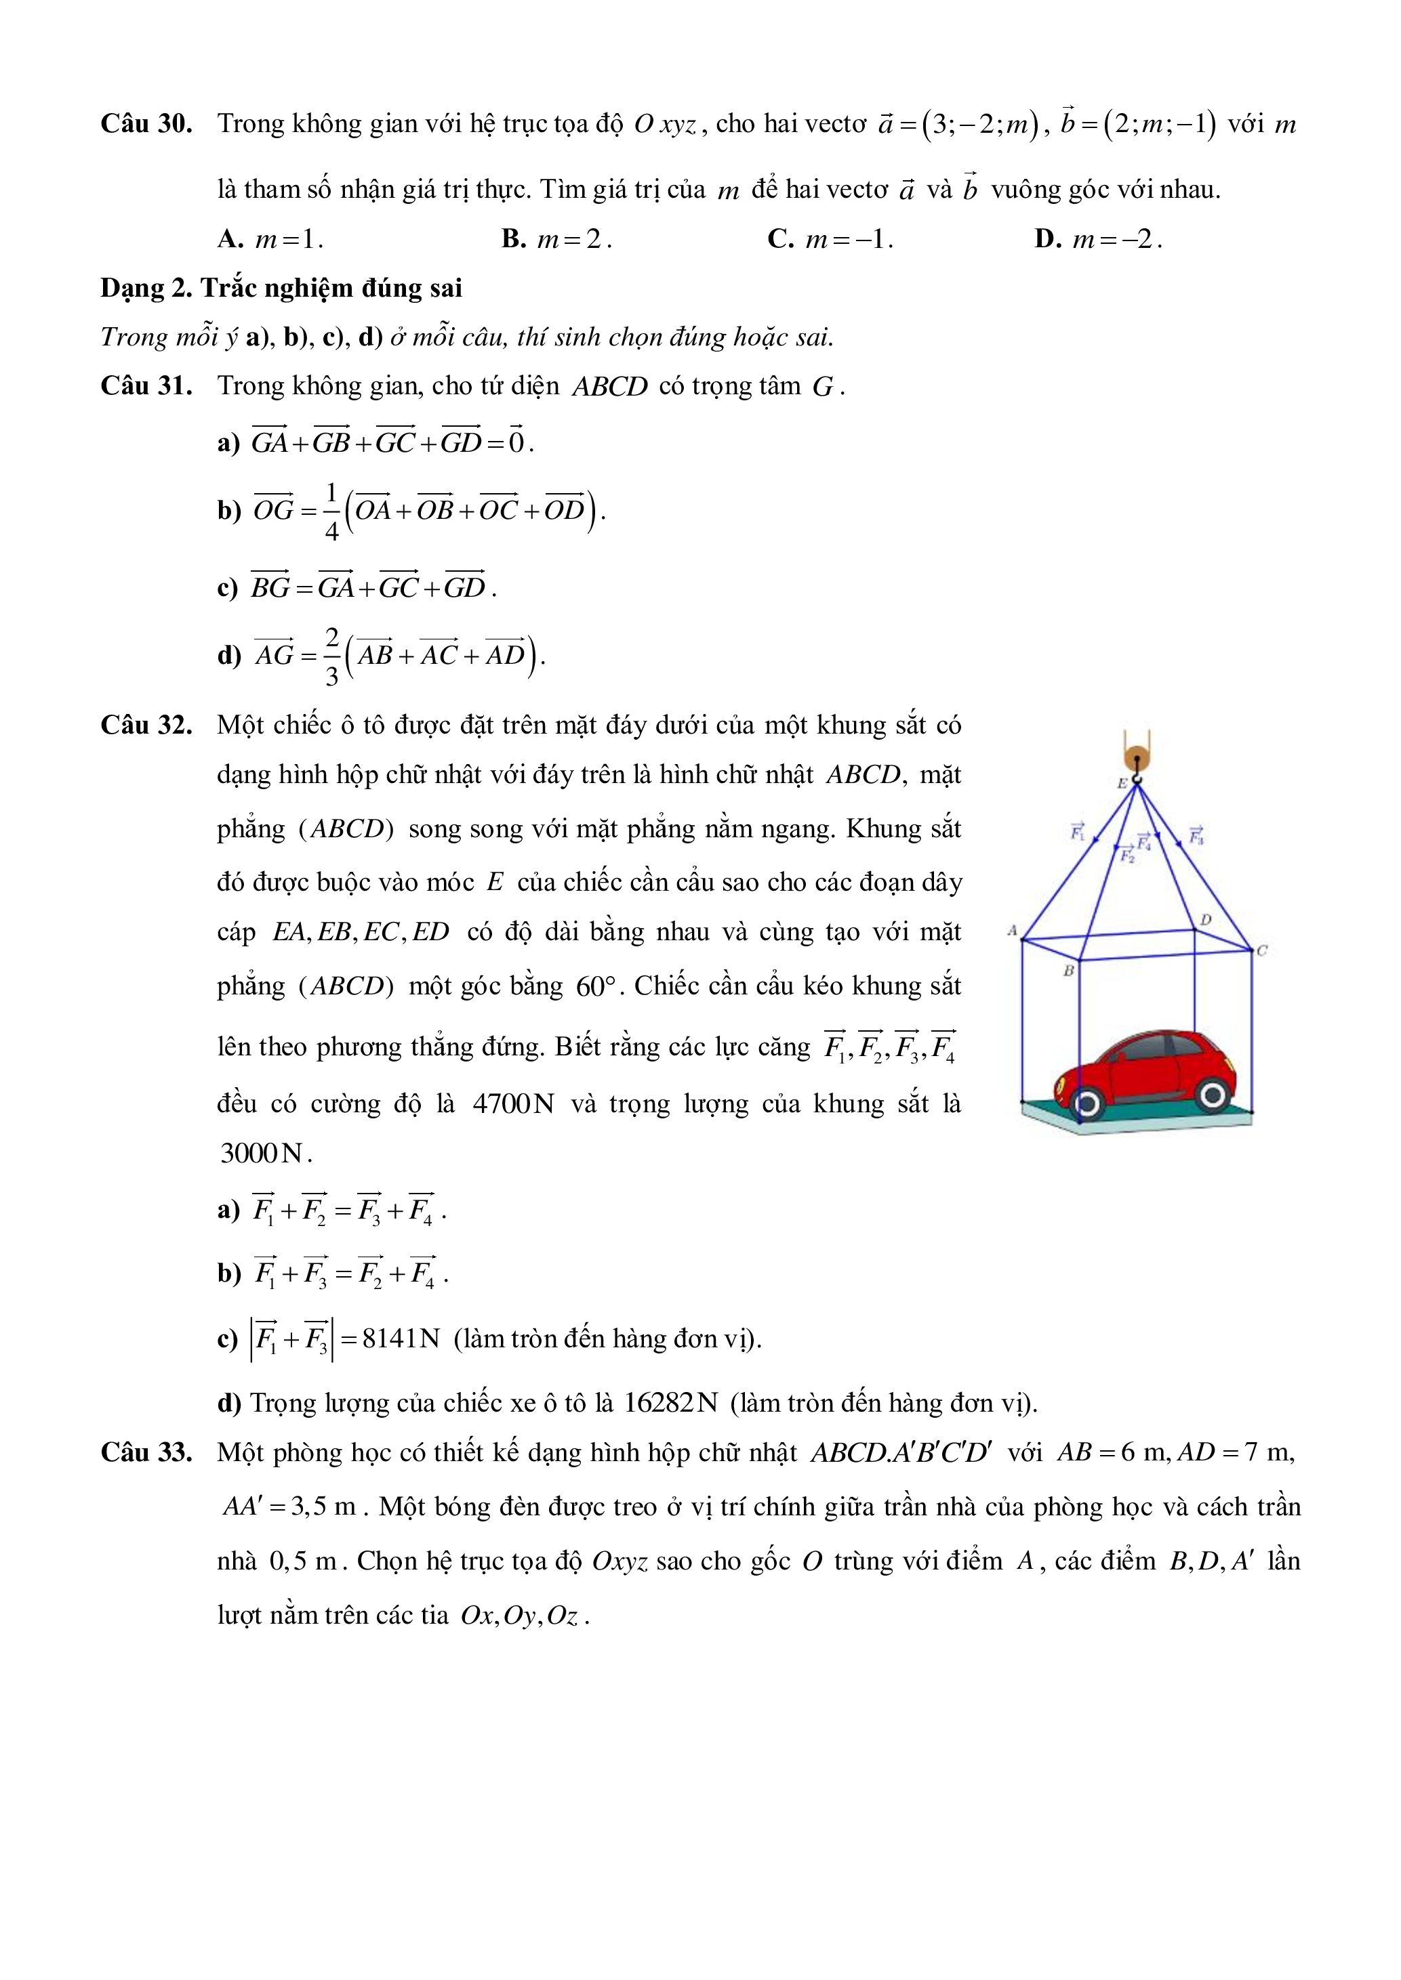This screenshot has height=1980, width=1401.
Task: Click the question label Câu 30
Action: pos(146,124)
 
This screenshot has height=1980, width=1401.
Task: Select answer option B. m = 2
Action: pos(556,239)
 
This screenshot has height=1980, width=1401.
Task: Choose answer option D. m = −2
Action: pos(1098,239)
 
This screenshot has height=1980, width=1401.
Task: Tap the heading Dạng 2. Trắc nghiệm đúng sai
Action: pos(281,288)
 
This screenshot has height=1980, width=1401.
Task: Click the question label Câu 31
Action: pos(146,385)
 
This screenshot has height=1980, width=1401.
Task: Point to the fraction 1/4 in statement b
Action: pos(332,511)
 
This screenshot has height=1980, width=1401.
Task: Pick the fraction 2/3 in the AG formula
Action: pos(332,656)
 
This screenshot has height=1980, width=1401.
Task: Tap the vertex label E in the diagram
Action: pos(1122,784)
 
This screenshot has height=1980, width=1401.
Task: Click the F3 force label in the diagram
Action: pos(1196,835)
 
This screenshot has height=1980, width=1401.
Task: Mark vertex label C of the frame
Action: pos(1262,950)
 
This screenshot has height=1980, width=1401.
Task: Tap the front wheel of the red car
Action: pos(1212,1095)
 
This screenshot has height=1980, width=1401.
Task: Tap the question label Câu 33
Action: pos(146,1452)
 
